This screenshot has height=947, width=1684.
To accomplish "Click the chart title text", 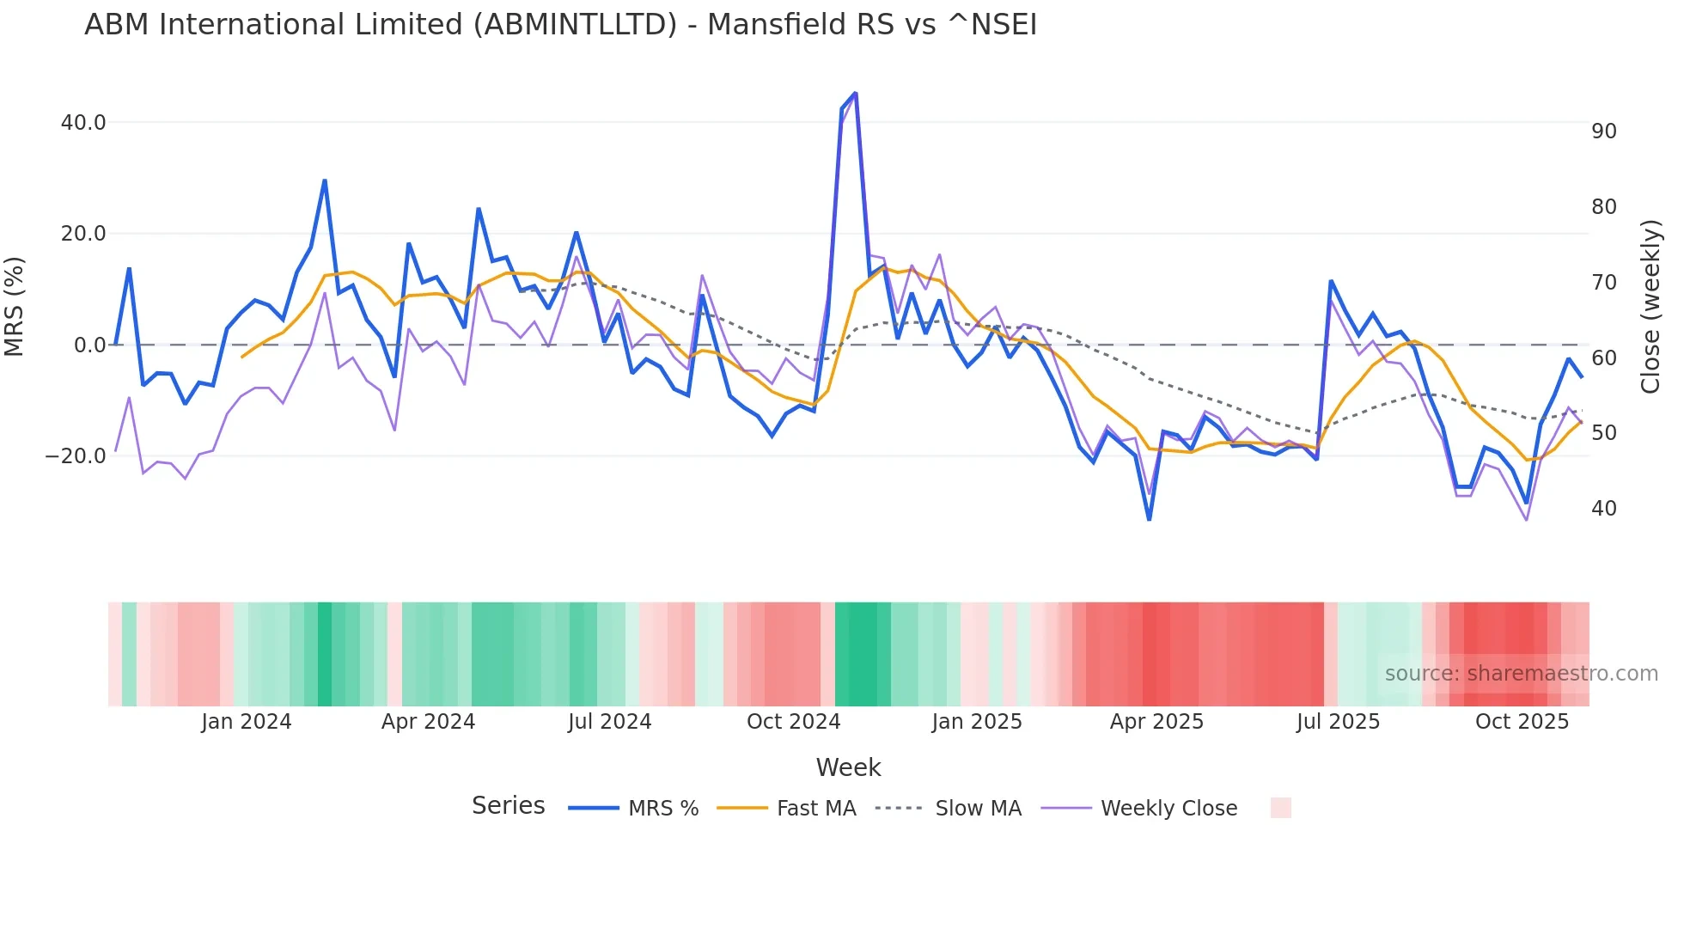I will pos(560,25).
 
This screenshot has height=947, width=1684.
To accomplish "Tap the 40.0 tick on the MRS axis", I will pos(83,123).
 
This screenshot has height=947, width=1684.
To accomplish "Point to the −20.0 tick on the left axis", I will pos(76,456).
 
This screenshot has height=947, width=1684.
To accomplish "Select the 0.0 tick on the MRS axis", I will pos(89,345).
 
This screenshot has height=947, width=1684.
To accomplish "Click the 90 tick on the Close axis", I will pos(1603,131).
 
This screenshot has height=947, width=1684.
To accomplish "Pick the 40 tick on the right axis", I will pos(1603,509).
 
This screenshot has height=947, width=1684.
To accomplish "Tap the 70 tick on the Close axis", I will pos(1603,283).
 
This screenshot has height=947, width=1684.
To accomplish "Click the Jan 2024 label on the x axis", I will pos(247,722).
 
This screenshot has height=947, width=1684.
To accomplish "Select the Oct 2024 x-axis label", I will pos(793,722).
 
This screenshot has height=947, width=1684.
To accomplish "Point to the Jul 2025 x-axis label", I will pos(1338,722).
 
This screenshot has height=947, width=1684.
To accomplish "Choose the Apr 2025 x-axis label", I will pos(1156,722).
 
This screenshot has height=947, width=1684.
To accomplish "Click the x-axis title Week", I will pos(848,767).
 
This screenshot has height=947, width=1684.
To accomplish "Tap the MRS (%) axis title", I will pos(15,307).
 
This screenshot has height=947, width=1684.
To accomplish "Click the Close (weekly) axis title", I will pos(1650,307).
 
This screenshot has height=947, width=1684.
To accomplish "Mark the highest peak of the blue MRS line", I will pos(855,93).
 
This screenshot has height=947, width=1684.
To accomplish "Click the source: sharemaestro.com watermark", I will pos(1521,674).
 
